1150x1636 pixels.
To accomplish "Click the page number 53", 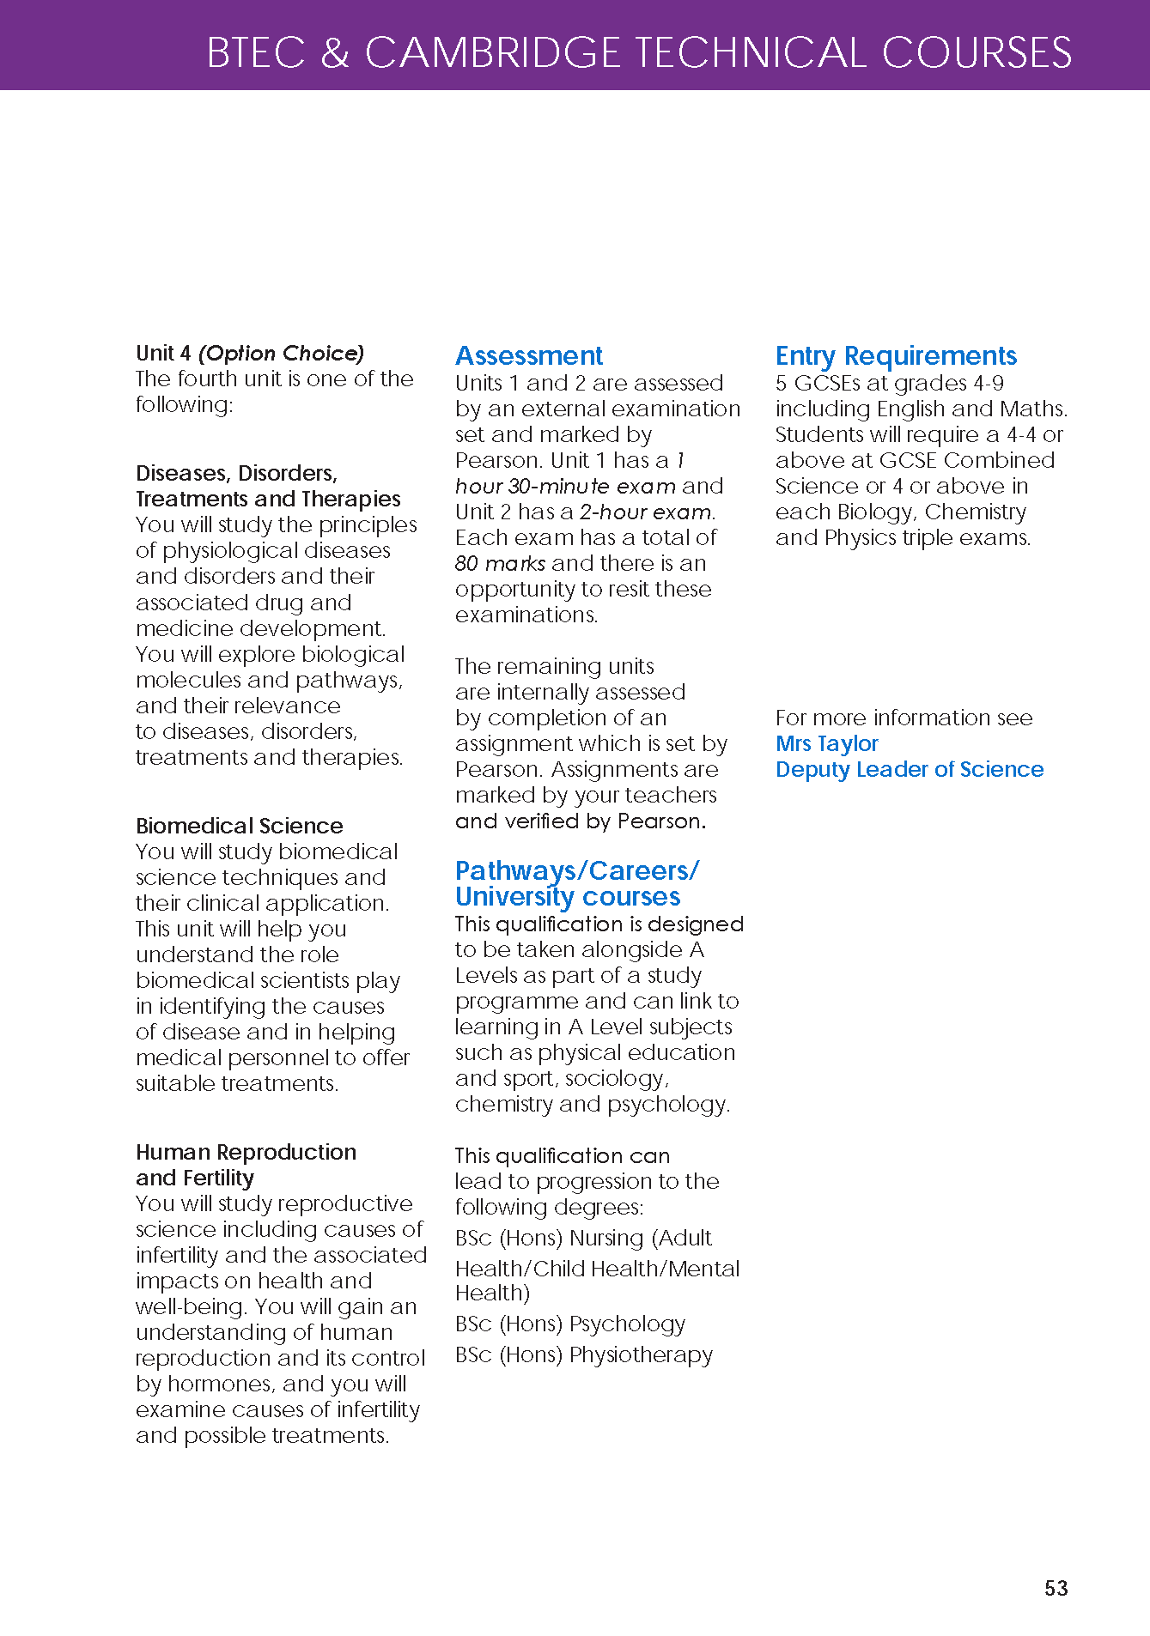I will [1056, 1588].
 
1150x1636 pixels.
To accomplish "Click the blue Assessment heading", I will [529, 355].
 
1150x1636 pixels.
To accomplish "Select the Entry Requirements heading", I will [896, 355].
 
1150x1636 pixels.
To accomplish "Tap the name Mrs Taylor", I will [827, 743].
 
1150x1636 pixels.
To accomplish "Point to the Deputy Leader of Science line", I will [910, 769].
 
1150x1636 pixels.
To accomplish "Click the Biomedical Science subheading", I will [240, 826].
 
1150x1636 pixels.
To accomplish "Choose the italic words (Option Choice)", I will [282, 353].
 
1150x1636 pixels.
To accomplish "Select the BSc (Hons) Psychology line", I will [570, 1324].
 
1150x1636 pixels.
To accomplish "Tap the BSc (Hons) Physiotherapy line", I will [584, 1354].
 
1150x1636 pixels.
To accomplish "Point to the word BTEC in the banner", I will [256, 52].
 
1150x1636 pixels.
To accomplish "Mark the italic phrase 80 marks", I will [500, 563].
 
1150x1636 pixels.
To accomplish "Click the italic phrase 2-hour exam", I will [646, 512].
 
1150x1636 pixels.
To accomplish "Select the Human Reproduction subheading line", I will [246, 1152].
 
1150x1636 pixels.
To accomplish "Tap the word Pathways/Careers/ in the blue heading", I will [577, 870].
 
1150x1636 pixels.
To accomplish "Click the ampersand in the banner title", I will [335, 52].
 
